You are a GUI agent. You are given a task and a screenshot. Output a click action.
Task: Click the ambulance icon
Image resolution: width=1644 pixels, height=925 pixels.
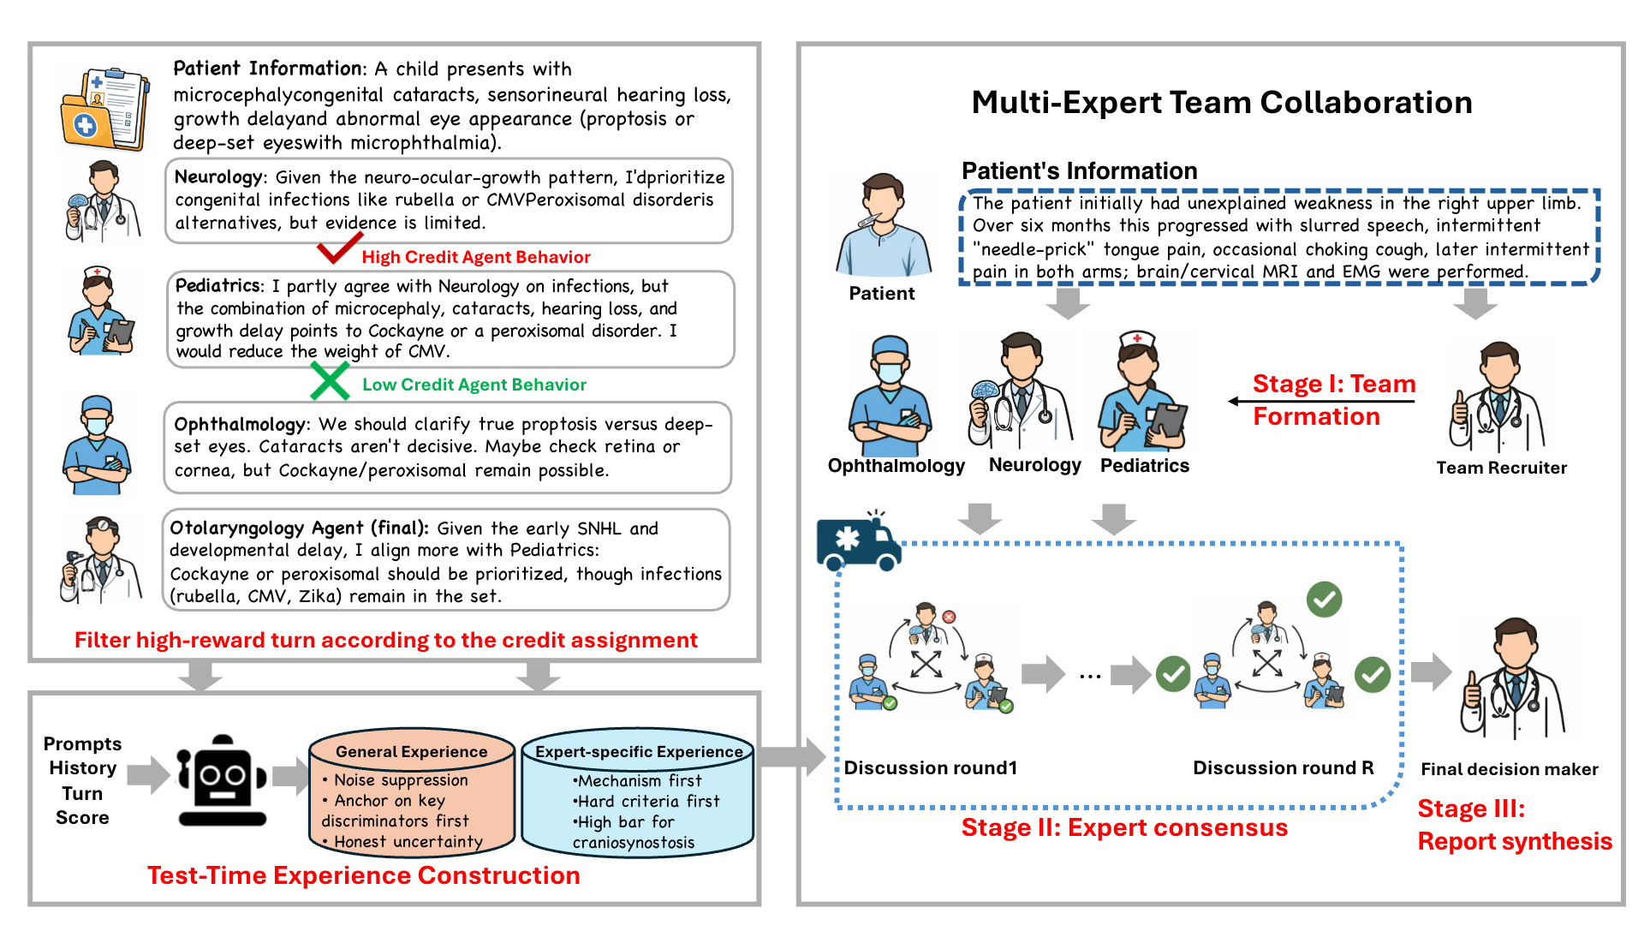point(859,541)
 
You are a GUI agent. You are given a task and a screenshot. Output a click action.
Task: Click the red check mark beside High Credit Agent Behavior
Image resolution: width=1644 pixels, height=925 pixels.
point(339,248)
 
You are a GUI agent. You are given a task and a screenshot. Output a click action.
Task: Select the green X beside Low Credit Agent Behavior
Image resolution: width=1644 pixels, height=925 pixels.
point(330,381)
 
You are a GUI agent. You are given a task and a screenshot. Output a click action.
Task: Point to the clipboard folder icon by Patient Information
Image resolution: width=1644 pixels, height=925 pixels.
point(104,110)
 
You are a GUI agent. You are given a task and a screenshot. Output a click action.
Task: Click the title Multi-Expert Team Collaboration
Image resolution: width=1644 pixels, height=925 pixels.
point(1222,102)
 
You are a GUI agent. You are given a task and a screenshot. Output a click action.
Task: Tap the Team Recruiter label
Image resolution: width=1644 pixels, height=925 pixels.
point(1502,468)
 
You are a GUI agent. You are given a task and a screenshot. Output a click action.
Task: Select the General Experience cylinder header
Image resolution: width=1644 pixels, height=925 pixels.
point(412,752)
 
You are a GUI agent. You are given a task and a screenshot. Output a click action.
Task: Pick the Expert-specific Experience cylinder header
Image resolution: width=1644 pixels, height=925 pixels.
point(639,752)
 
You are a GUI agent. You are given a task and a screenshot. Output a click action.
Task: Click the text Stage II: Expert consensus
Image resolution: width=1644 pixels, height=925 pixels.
point(1124,827)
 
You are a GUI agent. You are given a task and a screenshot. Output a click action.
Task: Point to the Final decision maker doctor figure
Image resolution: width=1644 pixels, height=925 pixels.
point(1513,678)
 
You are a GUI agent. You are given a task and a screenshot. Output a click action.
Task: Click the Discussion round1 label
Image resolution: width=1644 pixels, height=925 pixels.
point(931,767)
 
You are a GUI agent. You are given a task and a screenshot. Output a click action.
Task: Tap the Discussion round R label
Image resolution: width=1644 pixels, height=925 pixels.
point(1284,767)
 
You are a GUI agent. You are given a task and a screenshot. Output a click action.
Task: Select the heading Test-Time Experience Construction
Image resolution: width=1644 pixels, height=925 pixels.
point(364,875)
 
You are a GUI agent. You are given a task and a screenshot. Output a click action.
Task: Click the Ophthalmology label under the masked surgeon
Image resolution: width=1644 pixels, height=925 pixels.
point(896,466)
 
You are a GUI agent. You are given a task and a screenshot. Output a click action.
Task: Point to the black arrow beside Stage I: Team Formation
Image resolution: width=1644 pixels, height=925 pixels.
point(1321,401)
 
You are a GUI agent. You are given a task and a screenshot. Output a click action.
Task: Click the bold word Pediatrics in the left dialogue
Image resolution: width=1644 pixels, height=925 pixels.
point(218,285)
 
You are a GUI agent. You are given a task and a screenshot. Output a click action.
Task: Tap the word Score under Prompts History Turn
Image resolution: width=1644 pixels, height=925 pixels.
point(82,818)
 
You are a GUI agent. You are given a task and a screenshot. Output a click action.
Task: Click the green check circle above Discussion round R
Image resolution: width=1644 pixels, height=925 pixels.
point(1325,600)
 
